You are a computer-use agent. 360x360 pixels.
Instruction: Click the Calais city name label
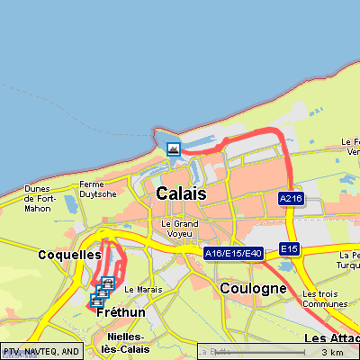tap(181, 193)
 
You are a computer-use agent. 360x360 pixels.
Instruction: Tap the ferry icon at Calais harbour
tap(173, 148)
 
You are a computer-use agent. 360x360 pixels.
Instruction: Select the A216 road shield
tap(289, 198)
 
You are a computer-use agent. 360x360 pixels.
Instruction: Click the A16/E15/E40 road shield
tap(233, 254)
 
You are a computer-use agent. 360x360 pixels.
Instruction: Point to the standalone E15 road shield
tap(288, 248)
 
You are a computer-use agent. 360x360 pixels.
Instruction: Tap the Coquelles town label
tap(69, 255)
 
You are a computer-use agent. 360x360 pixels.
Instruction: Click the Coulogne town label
tap(253, 288)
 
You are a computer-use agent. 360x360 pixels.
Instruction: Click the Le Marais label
tap(142, 289)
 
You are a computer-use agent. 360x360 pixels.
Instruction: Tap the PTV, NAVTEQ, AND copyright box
tap(41, 351)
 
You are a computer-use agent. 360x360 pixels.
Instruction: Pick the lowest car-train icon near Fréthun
tap(95, 301)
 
